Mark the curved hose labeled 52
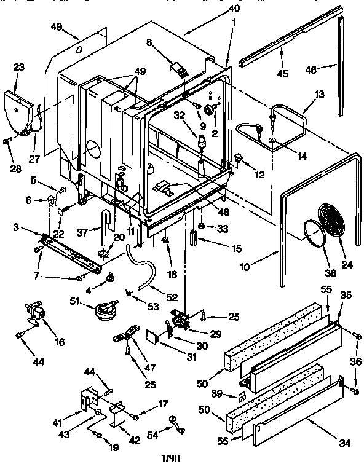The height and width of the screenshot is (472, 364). tap(138, 265)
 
